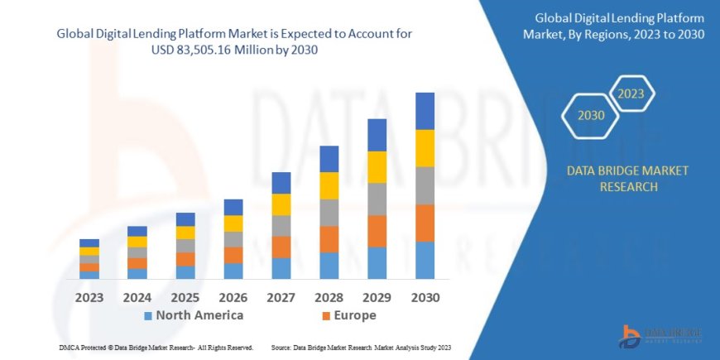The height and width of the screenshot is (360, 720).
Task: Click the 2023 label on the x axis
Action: [89, 297]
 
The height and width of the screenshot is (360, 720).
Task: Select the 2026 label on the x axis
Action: [233, 297]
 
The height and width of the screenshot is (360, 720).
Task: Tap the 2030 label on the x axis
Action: [425, 297]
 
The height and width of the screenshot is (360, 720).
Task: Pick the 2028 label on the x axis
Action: [329, 297]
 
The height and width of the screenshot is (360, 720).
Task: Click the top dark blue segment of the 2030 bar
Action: [425, 111]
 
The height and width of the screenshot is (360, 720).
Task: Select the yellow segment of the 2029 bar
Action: [377, 167]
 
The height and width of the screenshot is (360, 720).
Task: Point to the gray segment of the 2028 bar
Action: [329, 213]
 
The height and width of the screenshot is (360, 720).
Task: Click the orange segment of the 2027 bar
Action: [281, 247]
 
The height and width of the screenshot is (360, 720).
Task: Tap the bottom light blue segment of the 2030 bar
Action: [425, 260]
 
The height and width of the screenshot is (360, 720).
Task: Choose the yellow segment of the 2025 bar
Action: [185, 233]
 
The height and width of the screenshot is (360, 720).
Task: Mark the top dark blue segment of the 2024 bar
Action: [137, 231]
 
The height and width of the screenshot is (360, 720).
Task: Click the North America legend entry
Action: [194, 315]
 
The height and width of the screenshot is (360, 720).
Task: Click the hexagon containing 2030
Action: [591, 116]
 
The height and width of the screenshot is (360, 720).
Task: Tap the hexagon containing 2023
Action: [630, 93]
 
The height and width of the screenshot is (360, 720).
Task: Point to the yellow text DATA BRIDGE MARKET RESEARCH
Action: [626, 179]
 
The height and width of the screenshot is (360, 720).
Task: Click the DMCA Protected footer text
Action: [156, 348]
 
